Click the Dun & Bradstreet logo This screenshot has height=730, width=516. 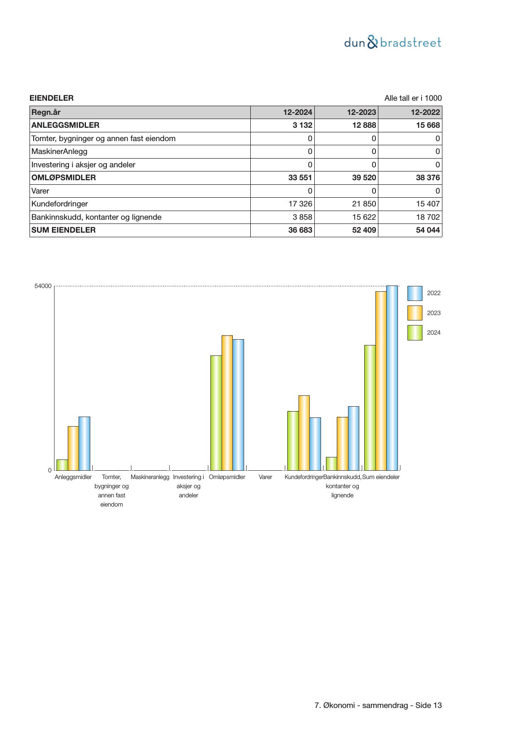pyautogui.click(x=393, y=42)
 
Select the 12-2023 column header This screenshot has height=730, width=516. pyautogui.click(x=361, y=112)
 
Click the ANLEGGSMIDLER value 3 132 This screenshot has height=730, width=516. pyautogui.click(x=302, y=125)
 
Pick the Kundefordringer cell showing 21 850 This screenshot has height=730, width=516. pyautogui.click(x=364, y=204)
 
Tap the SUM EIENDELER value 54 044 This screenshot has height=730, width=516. pyautogui.click(x=428, y=230)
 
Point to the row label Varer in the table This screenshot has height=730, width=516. pyautogui.click(x=40, y=191)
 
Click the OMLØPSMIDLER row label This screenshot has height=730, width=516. pyautogui.click(x=64, y=178)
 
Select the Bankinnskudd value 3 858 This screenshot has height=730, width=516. pyautogui.click(x=302, y=217)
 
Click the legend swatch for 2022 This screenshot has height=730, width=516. pyautogui.click(x=415, y=293)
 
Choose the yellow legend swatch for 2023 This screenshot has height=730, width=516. pyautogui.click(x=415, y=313)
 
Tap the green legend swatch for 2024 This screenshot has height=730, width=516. pyautogui.click(x=415, y=333)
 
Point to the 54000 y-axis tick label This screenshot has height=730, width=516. pyautogui.click(x=43, y=286)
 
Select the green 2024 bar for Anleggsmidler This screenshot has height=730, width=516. pyautogui.click(x=62, y=465)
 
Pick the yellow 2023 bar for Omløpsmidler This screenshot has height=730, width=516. pyautogui.click(x=227, y=403)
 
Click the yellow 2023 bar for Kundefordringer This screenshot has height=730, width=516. pyautogui.click(x=304, y=433)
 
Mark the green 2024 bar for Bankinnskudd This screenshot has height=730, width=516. pyautogui.click(x=331, y=464)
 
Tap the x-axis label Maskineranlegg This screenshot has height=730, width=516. pyautogui.click(x=150, y=477)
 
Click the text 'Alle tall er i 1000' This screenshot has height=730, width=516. pyautogui.click(x=413, y=98)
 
